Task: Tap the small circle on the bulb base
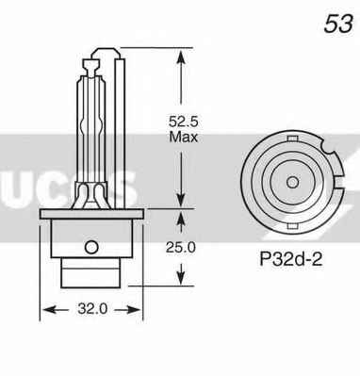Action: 92,248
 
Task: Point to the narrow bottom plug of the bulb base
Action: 91,276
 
